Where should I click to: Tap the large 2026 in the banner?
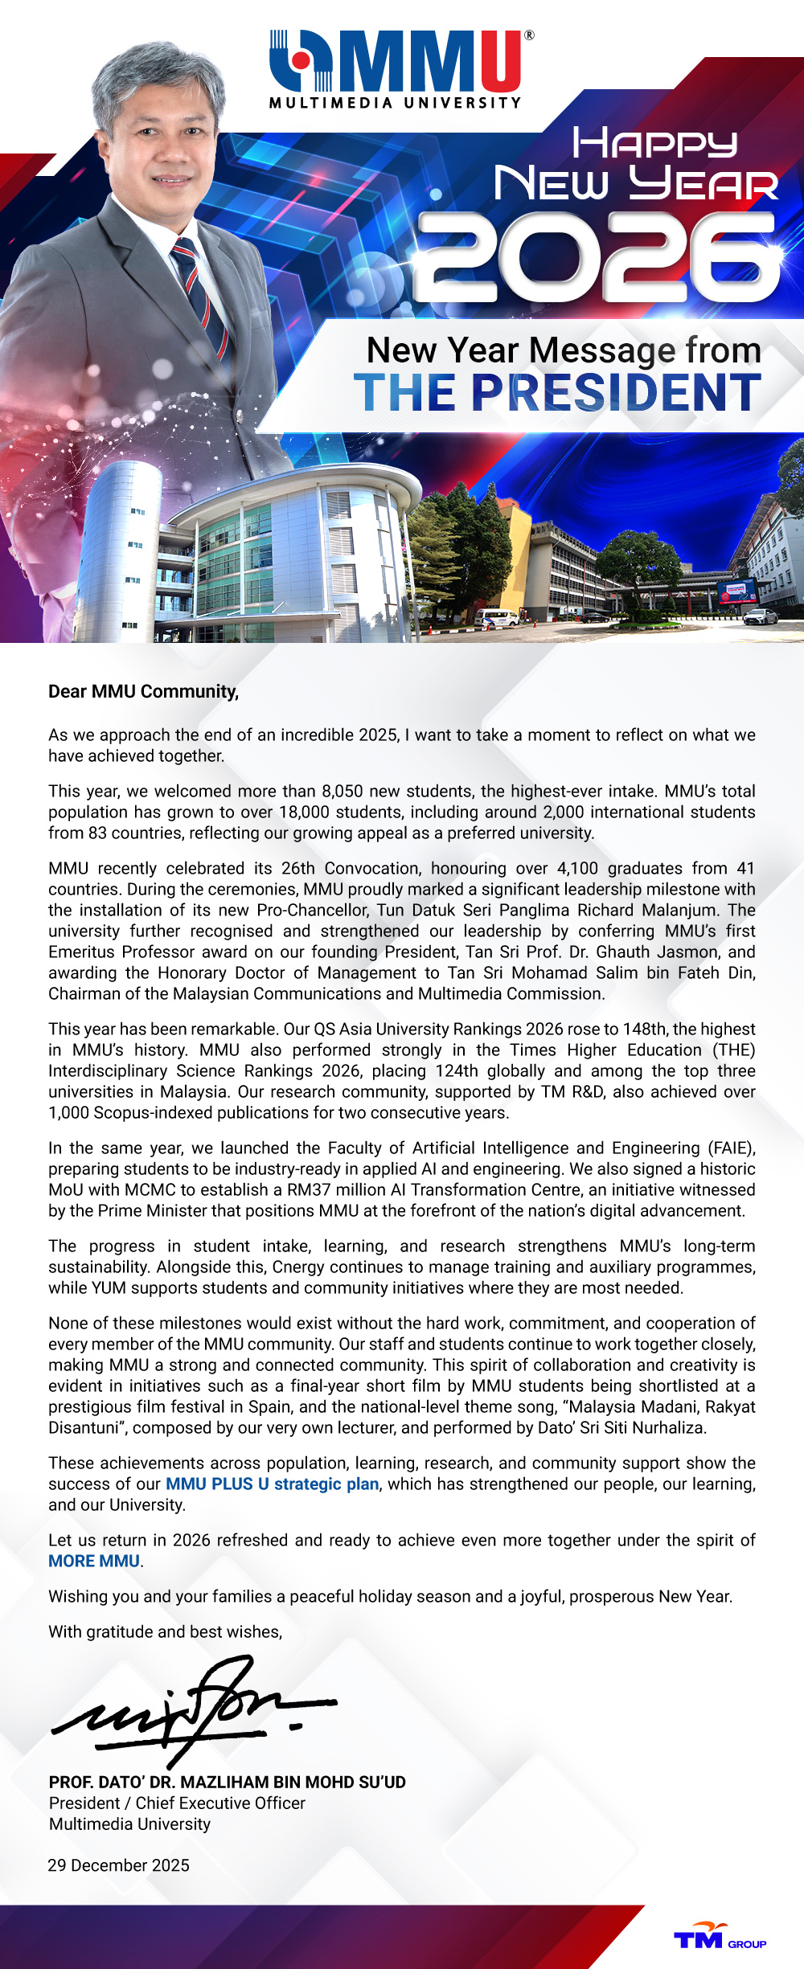(597, 257)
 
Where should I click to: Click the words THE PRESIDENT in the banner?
(557, 393)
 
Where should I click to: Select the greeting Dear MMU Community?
(143, 692)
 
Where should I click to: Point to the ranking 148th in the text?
(645, 1030)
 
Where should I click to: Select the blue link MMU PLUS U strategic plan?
(272, 1484)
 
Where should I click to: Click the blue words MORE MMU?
(94, 1562)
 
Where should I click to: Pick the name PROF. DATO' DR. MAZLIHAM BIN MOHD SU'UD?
(227, 1783)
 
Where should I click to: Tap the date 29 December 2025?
(118, 1865)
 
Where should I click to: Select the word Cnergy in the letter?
(299, 1267)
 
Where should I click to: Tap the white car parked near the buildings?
(760, 616)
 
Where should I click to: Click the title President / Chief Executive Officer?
(177, 1803)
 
